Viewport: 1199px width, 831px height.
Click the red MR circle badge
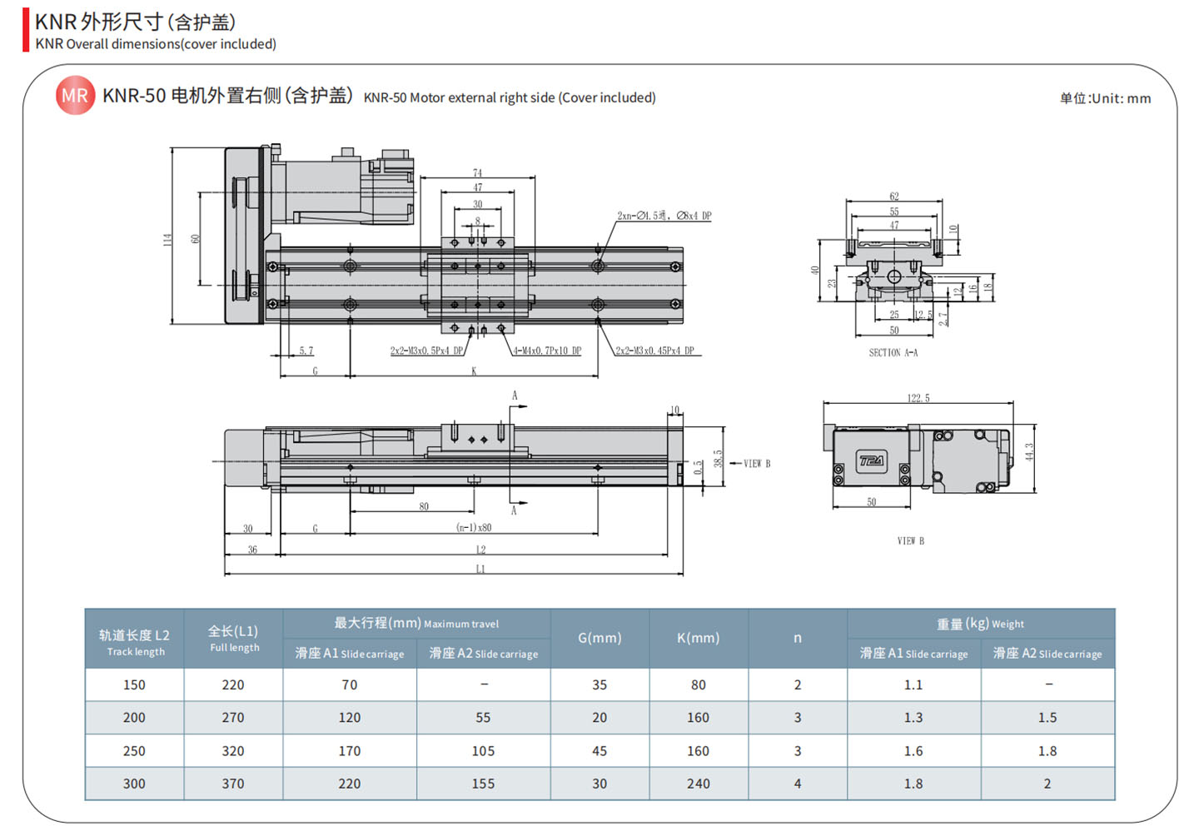[75, 96]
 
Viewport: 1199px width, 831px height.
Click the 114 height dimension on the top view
[167, 239]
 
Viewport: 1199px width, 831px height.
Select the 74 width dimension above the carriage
[477, 173]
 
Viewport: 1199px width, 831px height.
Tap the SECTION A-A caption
[893, 353]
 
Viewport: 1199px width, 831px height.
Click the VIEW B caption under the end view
[910, 541]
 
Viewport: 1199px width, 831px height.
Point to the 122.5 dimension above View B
[918, 398]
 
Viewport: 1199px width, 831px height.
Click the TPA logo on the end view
[872, 460]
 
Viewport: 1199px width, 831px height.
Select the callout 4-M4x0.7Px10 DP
[547, 351]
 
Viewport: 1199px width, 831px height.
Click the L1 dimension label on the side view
[480, 570]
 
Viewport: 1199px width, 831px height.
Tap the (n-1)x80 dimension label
[474, 528]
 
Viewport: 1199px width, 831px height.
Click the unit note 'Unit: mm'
[1105, 98]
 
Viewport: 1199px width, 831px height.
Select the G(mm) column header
[599, 638]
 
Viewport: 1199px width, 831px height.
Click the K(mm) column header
[698, 638]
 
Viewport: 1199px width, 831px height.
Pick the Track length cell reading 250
[134, 751]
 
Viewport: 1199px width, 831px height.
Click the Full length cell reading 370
[233, 784]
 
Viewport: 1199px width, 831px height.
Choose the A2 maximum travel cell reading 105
[483, 751]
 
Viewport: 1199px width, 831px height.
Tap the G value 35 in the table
[599, 684]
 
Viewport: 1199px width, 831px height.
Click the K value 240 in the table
[698, 784]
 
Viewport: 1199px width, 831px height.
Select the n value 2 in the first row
[798, 684]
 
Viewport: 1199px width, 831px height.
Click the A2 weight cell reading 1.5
[1047, 718]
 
